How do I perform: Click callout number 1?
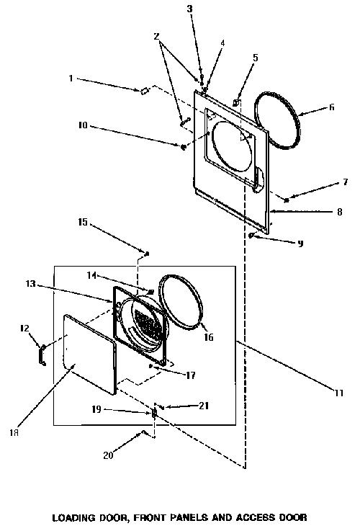pos(71,79)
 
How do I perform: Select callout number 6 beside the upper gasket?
pos(332,107)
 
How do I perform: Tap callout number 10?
pos(83,125)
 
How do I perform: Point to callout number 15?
pos(83,222)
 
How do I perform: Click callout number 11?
pos(339,393)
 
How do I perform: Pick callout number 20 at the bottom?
pos(108,455)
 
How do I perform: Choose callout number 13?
pos(30,283)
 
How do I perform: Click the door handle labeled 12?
pos(42,354)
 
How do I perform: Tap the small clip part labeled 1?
pos(145,91)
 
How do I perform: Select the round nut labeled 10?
pos(184,147)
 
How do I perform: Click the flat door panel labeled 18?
pos(90,354)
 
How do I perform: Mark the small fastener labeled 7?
pos(287,200)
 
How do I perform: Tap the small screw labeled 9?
pos(251,236)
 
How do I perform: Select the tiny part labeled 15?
pos(147,254)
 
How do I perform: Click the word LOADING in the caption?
pos(73,517)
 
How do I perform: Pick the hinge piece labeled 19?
pos(154,412)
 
